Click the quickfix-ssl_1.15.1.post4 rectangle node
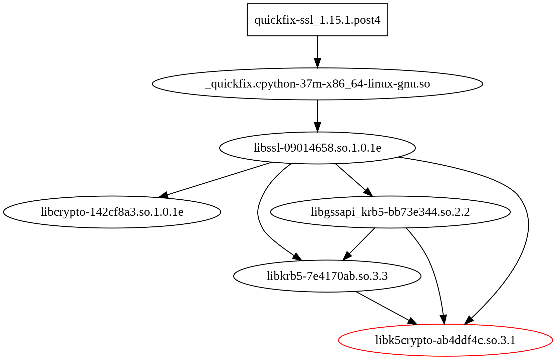[x=317, y=20]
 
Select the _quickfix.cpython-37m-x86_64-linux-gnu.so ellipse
[x=317, y=84]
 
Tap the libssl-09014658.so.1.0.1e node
[x=317, y=148]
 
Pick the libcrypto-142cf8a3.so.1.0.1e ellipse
[x=112, y=212]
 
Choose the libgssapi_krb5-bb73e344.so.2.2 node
[x=390, y=212]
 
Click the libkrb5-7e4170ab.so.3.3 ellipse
[x=327, y=276]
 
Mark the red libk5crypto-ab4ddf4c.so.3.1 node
[x=445, y=340]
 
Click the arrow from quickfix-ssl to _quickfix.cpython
[x=317, y=50]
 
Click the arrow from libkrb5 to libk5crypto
[x=384, y=307]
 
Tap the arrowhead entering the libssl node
[x=317, y=128]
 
